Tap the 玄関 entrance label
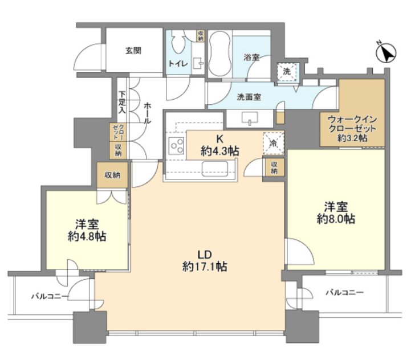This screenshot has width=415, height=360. coord(133,51)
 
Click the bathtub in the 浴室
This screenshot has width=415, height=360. coord(219,55)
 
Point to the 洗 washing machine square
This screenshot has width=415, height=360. coord(287,71)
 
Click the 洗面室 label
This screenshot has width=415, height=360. coord(249,97)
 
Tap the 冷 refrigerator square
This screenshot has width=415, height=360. coord(274,143)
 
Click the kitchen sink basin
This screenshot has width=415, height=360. coord(215,169)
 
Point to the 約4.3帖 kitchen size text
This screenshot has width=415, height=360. coord(219,151)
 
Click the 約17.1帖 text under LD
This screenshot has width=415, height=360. coord(205,267)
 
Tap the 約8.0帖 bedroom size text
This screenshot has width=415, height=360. coord(336,219)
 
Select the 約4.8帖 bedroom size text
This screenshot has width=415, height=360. coord(87,236)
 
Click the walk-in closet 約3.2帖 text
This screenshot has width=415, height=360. coord(352,137)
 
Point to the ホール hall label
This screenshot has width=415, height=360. coord(148,113)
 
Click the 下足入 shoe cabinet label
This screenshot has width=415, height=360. coord(122,103)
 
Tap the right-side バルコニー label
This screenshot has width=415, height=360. coord(344,292)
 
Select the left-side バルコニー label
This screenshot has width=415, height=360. coord(50,296)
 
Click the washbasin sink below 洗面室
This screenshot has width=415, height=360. coord(250,118)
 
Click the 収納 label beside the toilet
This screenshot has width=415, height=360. coord(201,36)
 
